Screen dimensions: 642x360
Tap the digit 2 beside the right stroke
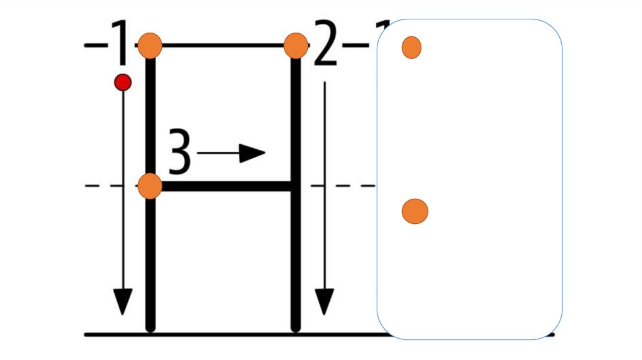325,44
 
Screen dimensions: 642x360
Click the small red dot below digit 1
123,82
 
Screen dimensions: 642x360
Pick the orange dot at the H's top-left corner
150,45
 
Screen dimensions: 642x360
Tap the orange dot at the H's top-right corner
295,45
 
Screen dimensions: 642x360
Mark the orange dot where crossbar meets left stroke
150,186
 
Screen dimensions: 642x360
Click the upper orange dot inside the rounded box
411,47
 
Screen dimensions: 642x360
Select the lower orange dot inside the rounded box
414,211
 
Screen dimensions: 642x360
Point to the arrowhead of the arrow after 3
253,152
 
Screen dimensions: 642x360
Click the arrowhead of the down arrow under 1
123,301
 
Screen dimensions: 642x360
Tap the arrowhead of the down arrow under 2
324,301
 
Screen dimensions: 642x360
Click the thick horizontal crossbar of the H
226,186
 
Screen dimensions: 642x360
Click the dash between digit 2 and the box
355,45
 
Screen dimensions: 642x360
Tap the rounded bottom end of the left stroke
150,326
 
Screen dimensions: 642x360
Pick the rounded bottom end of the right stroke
296,326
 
